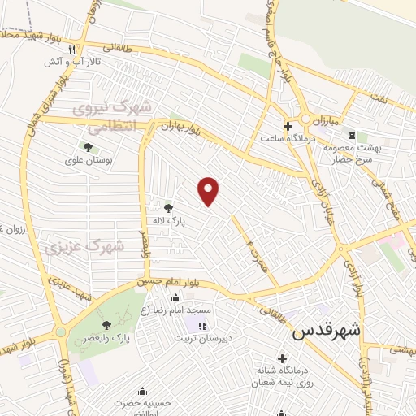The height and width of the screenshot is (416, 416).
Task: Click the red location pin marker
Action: [210, 192]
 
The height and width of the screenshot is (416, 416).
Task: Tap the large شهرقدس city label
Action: [326, 331]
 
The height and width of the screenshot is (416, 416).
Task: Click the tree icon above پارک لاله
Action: [168, 208]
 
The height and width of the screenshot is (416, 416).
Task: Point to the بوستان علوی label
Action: [87, 160]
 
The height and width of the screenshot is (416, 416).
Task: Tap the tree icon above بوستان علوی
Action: [87, 147]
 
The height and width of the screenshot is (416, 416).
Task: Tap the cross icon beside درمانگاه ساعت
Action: [288, 126]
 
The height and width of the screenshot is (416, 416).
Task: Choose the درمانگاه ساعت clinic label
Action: [282, 138]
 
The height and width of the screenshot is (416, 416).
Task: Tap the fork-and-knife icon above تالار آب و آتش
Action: [72, 49]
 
